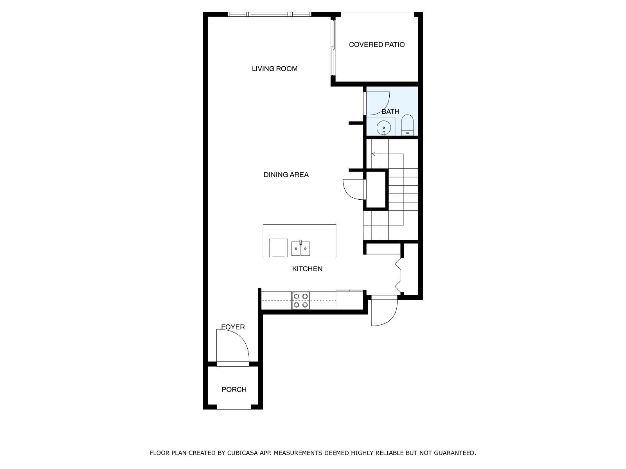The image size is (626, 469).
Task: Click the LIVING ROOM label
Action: [275, 69]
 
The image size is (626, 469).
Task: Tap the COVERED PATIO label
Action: [376, 45]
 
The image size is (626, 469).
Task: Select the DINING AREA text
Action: [286, 175]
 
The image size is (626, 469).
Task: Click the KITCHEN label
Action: [307, 269]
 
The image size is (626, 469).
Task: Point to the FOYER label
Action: [233, 327]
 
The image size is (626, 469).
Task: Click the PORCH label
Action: [234, 389]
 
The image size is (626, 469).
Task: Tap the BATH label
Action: [390, 111]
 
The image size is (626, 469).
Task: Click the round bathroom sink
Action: [384, 127]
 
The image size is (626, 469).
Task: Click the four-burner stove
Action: [300, 301]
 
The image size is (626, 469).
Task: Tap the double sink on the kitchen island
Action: [300, 249]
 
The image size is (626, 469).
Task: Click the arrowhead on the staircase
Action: [373, 154]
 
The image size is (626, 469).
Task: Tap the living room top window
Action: [269, 14]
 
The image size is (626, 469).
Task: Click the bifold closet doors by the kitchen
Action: [399, 275]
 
